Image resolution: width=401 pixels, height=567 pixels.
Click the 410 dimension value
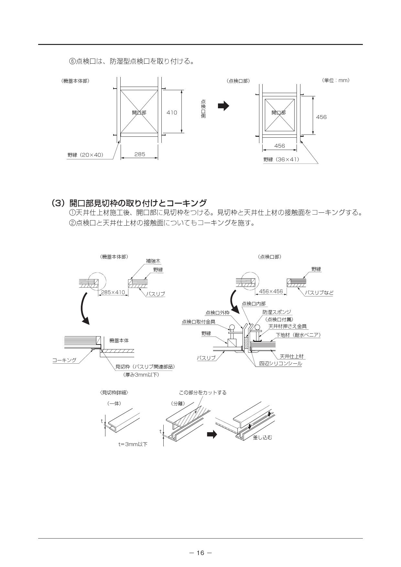click(x=172, y=112)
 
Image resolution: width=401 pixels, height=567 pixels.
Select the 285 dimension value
click(x=140, y=154)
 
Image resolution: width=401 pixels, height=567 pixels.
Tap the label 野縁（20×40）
click(x=85, y=155)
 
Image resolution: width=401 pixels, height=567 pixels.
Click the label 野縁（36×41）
click(x=281, y=159)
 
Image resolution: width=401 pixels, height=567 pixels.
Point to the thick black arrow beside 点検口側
click(x=223, y=106)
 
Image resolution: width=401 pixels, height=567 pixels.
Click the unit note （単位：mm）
click(x=336, y=80)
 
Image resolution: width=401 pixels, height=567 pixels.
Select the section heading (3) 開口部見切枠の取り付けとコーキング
click(x=129, y=203)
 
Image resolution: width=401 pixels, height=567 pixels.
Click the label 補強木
click(x=153, y=261)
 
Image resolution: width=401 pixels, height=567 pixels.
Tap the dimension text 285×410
click(x=113, y=292)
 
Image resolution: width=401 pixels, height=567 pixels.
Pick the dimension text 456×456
click(x=271, y=291)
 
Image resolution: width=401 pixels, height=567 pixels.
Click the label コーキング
click(x=65, y=360)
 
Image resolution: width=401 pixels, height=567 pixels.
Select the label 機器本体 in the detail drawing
click(x=119, y=340)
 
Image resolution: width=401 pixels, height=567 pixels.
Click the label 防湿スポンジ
click(x=277, y=312)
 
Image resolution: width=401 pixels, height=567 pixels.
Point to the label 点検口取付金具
click(x=199, y=322)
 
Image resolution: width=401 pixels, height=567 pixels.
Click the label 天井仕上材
click(x=292, y=356)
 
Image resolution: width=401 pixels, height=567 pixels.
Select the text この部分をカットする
click(x=203, y=392)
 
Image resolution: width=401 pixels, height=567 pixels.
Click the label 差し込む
click(x=262, y=437)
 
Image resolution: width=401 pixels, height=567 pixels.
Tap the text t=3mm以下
click(x=133, y=444)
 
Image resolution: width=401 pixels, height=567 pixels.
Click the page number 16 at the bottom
click(x=200, y=553)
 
